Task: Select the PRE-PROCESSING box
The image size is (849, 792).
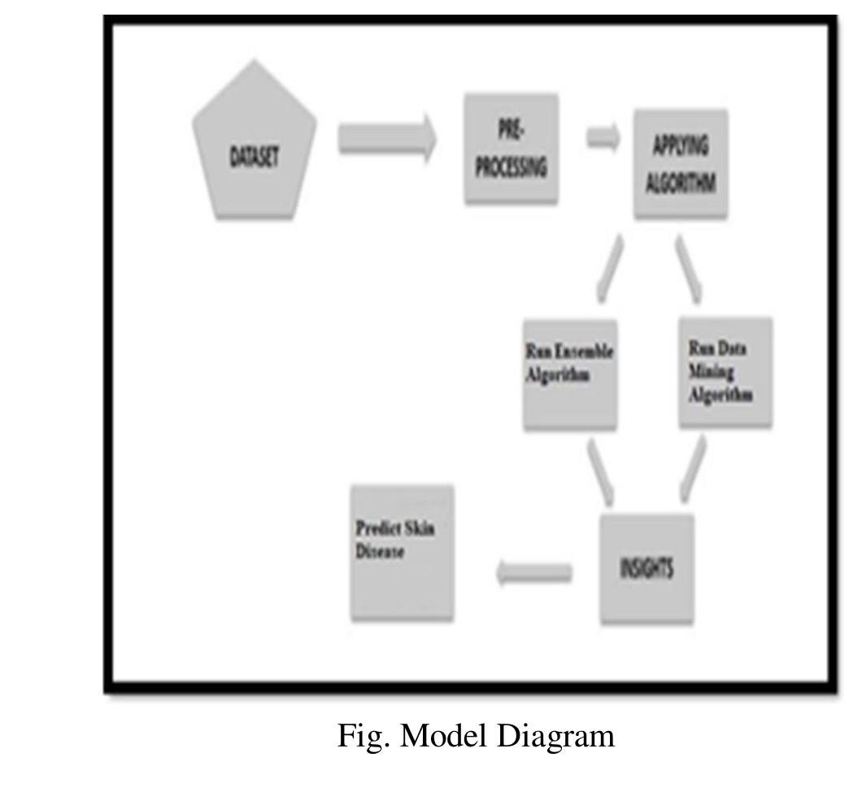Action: coord(511,149)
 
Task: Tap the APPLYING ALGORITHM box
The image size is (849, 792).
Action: coord(680,164)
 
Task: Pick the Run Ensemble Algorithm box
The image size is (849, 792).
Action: coord(569,374)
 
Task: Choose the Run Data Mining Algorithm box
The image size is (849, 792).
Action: coord(725,372)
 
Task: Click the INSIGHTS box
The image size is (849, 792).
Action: coord(647,568)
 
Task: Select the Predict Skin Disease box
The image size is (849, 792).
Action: coord(402,553)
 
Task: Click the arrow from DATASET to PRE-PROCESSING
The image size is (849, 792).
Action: coord(386,138)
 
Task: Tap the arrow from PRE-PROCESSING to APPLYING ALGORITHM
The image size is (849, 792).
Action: coord(603,138)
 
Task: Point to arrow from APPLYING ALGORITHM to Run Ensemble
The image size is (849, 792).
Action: coord(609,268)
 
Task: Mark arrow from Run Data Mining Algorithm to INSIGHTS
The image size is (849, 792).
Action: coord(692,470)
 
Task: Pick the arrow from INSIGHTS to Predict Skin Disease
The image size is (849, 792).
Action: coord(533,573)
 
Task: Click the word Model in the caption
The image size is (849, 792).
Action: coord(446,736)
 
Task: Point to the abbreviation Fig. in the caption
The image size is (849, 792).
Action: coord(363,736)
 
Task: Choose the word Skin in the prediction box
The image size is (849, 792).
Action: coord(419,529)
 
